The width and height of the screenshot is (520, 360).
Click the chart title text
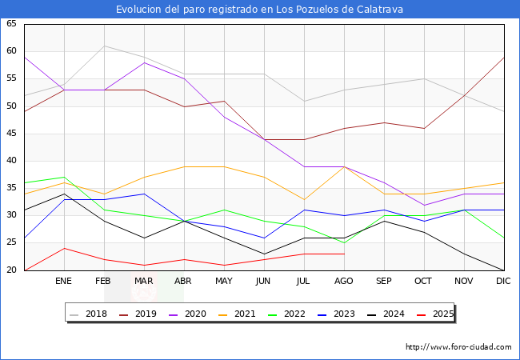click(259, 10)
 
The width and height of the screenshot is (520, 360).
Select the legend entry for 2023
click(345, 314)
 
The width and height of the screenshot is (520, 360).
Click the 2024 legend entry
click(394, 314)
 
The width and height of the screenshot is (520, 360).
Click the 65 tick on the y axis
click(11, 24)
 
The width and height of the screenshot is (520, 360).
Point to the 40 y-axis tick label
click(11, 161)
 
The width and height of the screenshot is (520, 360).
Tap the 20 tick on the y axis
click(11, 270)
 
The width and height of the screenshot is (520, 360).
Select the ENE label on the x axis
click(64, 282)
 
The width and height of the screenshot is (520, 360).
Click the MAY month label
click(224, 282)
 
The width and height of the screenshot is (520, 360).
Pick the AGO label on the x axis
click(344, 282)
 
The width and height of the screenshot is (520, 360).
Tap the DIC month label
click(503, 282)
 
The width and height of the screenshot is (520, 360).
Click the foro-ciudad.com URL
click(458, 347)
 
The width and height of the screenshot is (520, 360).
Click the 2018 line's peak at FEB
click(104, 46)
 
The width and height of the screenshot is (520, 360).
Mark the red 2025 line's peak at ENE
click(64, 248)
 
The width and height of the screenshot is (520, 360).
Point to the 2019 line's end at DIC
click(503, 57)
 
